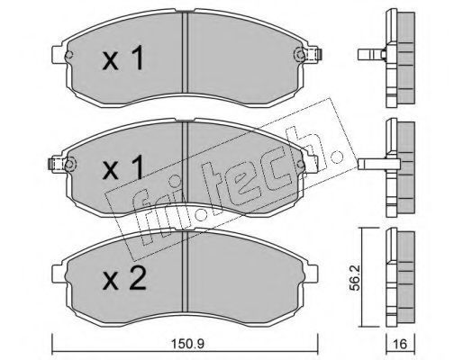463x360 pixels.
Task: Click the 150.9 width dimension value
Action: coord(187,344)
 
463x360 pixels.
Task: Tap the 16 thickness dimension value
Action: coord(400,344)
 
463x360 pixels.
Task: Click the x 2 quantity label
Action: coord(124,279)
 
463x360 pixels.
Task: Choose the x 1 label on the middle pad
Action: coord(123,168)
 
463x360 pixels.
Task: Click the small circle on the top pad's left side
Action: coord(69,55)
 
